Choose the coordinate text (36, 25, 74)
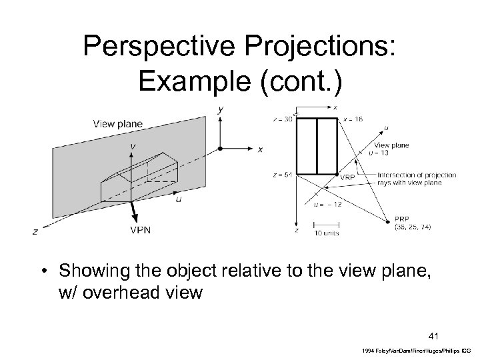[413, 227]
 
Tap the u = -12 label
[327, 204]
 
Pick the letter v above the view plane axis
[135, 145]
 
